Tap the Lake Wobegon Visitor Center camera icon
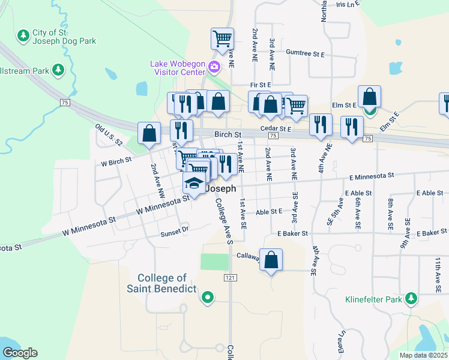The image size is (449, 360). tap(214, 64)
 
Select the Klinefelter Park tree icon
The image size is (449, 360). tap(411, 298)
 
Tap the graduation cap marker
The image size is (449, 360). tap(194, 183)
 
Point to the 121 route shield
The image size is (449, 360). tap(230, 278)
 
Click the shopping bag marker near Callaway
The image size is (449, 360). tap(271, 260)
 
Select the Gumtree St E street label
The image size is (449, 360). tap(306, 54)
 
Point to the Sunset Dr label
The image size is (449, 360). tap(174, 229)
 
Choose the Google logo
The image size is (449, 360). tap(20, 353)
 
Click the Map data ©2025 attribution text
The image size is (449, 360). tap(423, 355)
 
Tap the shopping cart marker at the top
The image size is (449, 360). tap(222, 39)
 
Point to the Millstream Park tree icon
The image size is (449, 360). tap(59, 70)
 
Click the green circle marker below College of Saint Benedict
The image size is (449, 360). tap(208, 296)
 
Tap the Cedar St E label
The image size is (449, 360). tap(276, 129)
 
